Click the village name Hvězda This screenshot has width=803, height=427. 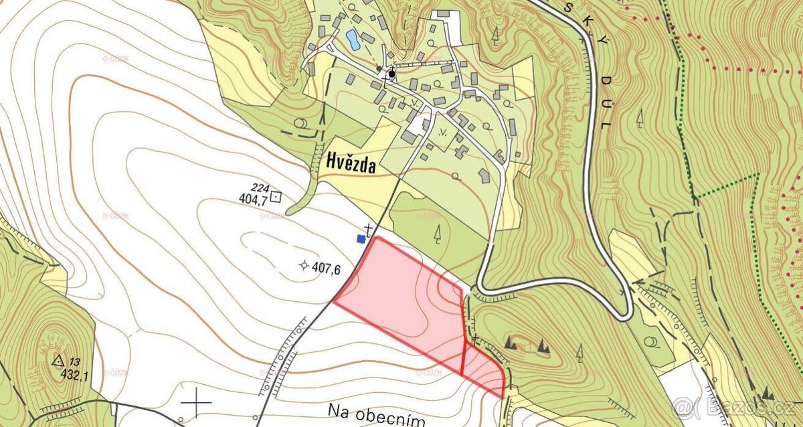click(351, 163)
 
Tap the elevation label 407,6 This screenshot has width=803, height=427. click(327, 269)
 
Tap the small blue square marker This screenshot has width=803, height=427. click(361, 238)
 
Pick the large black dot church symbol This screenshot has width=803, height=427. click(392, 74)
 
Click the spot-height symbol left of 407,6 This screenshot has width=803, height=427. click(304, 266)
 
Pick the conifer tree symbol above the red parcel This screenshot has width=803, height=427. click(438, 233)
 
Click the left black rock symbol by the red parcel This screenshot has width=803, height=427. click(511, 343)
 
